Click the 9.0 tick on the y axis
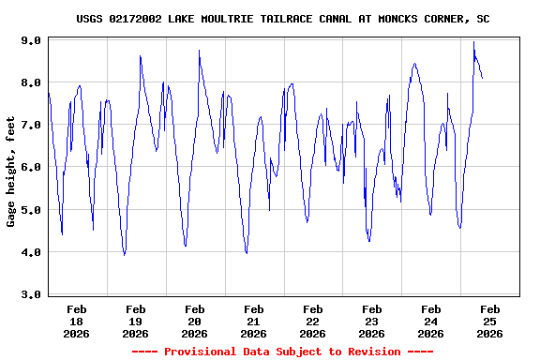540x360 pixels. pos(31,40)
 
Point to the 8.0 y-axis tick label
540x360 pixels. pos(31,82)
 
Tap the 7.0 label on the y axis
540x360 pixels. pos(31,125)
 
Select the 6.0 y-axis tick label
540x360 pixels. pos(31,167)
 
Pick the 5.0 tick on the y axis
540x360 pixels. pos(31,210)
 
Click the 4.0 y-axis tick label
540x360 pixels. pos(31,252)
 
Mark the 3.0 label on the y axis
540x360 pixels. pos(31,294)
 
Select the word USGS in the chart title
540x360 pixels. pos(90,19)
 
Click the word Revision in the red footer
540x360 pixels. pos(371,352)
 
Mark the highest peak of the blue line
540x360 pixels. pos(474,42)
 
